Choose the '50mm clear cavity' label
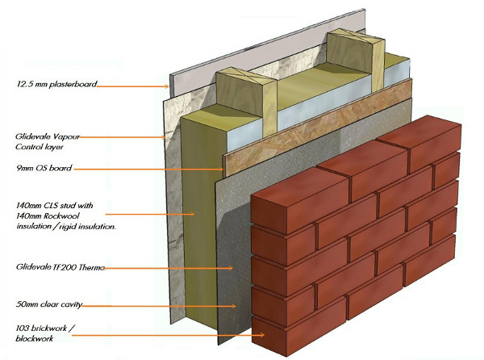[x=48, y=305]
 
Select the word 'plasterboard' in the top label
[x=73, y=83]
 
